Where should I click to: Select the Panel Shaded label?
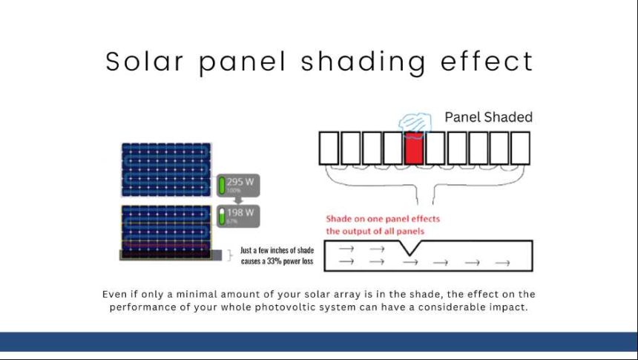[x=488, y=117]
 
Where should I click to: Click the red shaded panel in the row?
[x=414, y=148]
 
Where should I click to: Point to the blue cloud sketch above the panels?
[x=412, y=122]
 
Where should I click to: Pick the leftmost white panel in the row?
[x=329, y=148]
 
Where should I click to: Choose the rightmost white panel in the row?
[x=520, y=148]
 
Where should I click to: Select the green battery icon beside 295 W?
[x=222, y=185]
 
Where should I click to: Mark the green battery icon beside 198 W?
[x=222, y=217]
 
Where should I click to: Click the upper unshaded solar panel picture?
[x=165, y=170]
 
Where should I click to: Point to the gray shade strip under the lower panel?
[x=167, y=255]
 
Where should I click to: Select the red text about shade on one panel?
[x=383, y=224]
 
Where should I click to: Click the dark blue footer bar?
[x=319, y=341]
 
